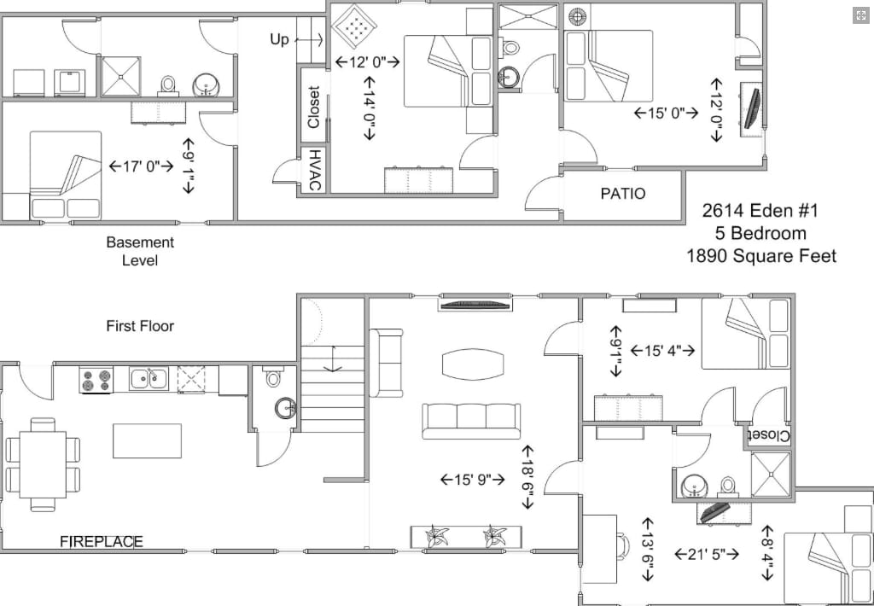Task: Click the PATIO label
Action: point(622,194)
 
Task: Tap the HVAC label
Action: point(314,170)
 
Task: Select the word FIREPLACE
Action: point(102,541)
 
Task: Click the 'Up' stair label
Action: point(280,39)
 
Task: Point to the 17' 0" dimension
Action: point(141,166)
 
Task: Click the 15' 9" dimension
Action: point(473,479)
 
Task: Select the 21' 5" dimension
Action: point(707,554)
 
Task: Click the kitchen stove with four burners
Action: point(96,380)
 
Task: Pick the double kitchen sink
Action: point(149,379)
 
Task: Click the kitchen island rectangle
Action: point(147,441)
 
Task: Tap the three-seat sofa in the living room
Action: point(471,421)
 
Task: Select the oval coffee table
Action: point(473,364)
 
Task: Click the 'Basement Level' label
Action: point(140,252)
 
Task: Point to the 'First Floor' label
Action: point(140,325)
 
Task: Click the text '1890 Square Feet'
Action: point(761,256)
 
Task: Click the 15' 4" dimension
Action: point(662,351)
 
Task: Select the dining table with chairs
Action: point(43,464)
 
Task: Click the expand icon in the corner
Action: point(860,15)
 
